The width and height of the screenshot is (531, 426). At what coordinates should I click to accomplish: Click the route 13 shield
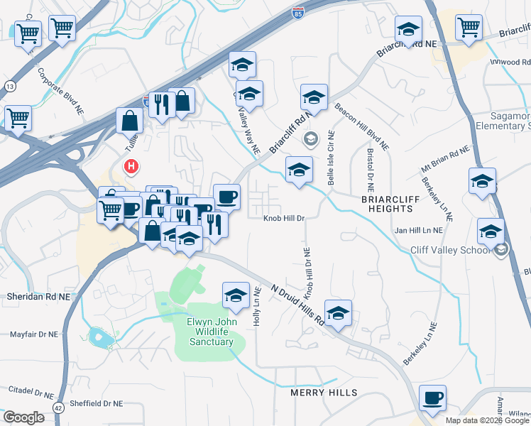pyautogui.click(x=9, y=86)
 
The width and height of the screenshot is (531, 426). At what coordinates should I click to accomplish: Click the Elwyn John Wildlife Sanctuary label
pyautogui.click(x=209, y=332)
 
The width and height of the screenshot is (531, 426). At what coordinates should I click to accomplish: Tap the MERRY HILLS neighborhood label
pyautogui.click(x=323, y=393)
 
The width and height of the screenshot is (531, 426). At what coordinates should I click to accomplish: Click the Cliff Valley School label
pyautogui.click(x=450, y=250)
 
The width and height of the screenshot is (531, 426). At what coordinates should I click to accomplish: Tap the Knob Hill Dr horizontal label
pyautogui.click(x=285, y=219)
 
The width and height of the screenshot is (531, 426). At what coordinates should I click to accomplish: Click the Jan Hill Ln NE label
pyautogui.click(x=419, y=230)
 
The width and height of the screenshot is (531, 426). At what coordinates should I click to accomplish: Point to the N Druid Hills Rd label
pyautogui.click(x=298, y=305)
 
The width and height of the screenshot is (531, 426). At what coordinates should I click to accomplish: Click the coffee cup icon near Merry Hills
pyautogui.click(x=432, y=398)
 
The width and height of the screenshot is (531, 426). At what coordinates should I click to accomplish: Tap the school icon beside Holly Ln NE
pyautogui.click(x=236, y=295)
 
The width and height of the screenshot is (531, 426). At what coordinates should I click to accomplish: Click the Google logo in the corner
pyautogui.click(x=23, y=417)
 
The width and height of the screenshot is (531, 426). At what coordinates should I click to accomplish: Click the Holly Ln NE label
pyautogui.click(x=258, y=305)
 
